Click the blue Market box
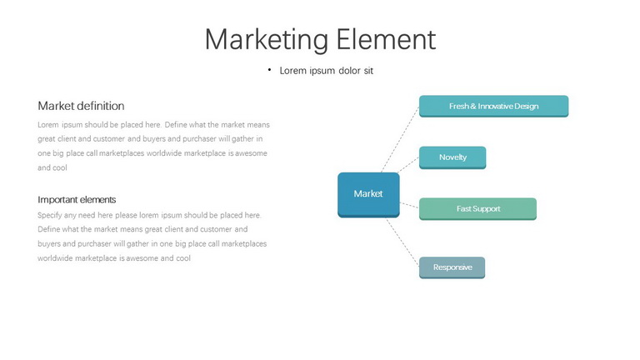(x=368, y=195)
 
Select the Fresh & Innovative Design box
(x=493, y=106)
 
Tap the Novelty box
(x=452, y=157)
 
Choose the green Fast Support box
(x=477, y=209)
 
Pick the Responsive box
(x=452, y=267)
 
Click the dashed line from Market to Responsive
(x=402, y=241)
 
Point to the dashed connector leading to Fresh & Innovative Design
(x=400, y=139)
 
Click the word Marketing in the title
(x=267, y=40)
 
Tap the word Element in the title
(x=386, y=39)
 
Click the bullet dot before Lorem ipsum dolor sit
(x=269, y=70)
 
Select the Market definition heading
(x=81, y=106)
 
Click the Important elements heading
(x=77, y=200)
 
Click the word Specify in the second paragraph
(x=50, y=216)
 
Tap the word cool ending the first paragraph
(x=60, y=167)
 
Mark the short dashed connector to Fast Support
(x=409, y=205)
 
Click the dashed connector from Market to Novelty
(x=408, y=165)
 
